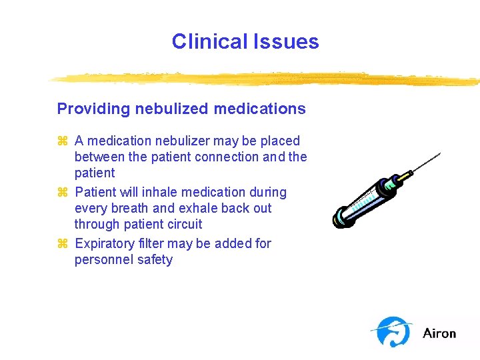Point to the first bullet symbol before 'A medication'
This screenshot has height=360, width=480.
coord(63,141)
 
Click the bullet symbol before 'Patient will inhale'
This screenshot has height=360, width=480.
coord(63,193)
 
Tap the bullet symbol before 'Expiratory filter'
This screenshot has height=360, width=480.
coord(63,244)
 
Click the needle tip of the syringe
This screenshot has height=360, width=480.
coord(439,154)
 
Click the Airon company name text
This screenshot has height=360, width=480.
coord(439,333)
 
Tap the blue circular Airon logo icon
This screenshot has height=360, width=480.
coord(393,331)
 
